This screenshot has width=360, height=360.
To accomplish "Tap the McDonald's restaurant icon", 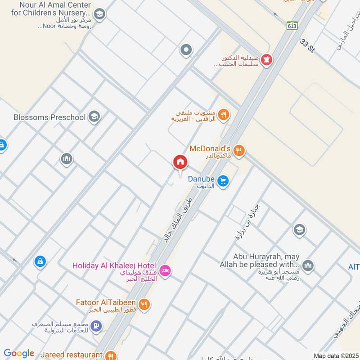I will (x=239, y=151).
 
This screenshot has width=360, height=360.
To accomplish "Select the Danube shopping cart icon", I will (x=223, y=181).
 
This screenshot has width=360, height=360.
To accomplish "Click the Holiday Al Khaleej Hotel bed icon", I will (x=165, y=270).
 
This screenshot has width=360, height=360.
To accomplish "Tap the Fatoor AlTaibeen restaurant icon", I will (x=144, y=305).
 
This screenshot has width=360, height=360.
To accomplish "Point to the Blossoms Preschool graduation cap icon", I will (x=94, y=117).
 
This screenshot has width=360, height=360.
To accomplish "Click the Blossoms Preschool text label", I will (x=49, y=117).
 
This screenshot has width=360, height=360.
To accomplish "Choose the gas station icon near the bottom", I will (x=96, y=326).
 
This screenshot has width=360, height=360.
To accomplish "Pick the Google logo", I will (x=19, y=353).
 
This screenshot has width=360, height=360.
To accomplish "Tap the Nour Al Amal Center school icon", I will (x=99, y=14).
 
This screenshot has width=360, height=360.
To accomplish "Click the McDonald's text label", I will (x=210, y=148).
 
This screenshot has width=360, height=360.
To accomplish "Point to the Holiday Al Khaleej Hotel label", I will (x=114, y=265).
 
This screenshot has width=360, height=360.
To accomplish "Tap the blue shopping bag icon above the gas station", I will (x=40, y=261).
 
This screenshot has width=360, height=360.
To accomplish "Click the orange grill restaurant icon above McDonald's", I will (x=224, y=115).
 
